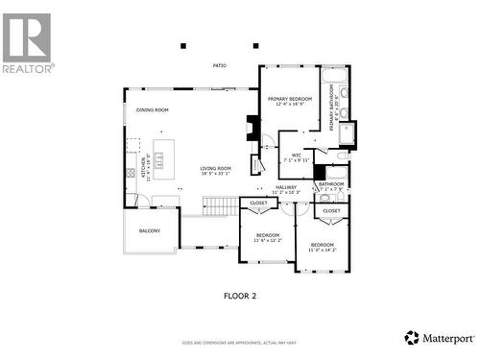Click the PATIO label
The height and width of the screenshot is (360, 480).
point(220,65)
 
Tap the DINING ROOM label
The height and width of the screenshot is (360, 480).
point(153,110)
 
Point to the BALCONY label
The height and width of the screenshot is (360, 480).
point(150,230)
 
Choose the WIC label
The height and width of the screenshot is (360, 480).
point(297,156)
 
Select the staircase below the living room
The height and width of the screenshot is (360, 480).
point(220,205)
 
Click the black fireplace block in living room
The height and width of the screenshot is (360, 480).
point(252,128)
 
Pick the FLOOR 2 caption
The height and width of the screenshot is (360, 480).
point(239,296)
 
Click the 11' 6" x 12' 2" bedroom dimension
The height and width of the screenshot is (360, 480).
point(268,240)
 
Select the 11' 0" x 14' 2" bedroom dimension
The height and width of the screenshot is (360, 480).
point(323,250)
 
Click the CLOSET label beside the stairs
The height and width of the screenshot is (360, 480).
point(259,204)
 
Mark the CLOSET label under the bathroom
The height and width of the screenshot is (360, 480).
point(331,210)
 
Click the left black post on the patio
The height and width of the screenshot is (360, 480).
point(182,45)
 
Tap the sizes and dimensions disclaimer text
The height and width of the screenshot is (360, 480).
point(239,343)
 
